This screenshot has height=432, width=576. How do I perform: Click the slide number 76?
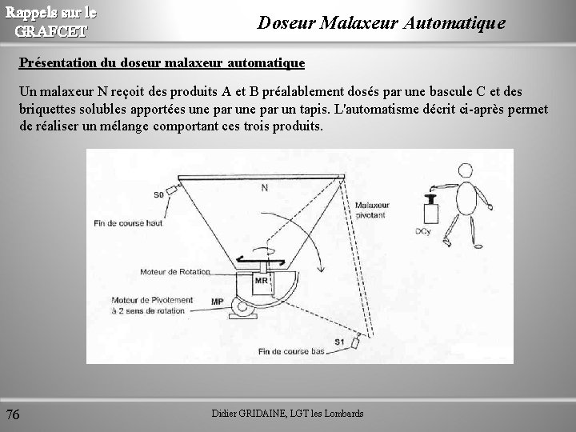pos(13,414)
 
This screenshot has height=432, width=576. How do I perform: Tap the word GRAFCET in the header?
pos(51,31)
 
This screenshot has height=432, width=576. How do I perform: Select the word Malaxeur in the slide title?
pos(359,22)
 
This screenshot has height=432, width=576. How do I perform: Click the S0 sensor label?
pos(158,194)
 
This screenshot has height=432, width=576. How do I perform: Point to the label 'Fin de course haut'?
pos(128,223)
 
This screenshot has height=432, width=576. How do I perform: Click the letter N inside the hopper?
pos(265,188)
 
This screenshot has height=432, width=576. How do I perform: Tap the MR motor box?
pos(262,283)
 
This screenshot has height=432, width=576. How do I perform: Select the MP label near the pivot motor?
pos(218,302)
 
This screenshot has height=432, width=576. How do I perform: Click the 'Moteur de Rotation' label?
pos(175,272)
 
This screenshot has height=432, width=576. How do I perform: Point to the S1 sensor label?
pos(339,342)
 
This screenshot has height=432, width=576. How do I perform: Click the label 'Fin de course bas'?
pos(291,351)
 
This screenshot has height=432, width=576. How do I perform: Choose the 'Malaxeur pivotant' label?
pos(372,210)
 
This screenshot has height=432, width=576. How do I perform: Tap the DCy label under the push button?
pos(423,231)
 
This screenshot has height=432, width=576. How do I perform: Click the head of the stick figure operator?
pos(466,170)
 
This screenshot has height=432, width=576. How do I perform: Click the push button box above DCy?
pos(431,213)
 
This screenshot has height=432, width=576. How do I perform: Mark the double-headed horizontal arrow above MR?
pos(261,261)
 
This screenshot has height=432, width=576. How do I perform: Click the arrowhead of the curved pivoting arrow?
pos(321,268)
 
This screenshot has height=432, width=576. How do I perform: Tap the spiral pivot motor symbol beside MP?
pos(242,306)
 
